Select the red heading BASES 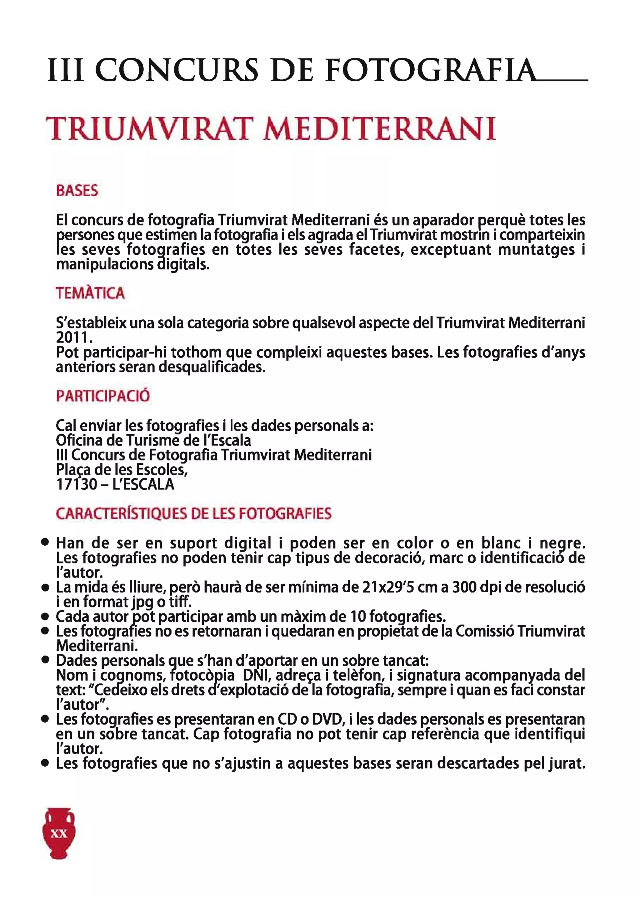pos(77,191)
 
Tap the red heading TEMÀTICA pos(90,293)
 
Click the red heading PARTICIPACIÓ pos(103,396)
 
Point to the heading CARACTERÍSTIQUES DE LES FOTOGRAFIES pos(193,514)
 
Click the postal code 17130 pos(77,484)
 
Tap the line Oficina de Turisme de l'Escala pos(153,440)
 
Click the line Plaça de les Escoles pos(122,470)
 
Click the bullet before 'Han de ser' pos(45,542)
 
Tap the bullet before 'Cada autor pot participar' pos(45,616)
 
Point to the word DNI pos(255,675)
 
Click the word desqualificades pos(212,367)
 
